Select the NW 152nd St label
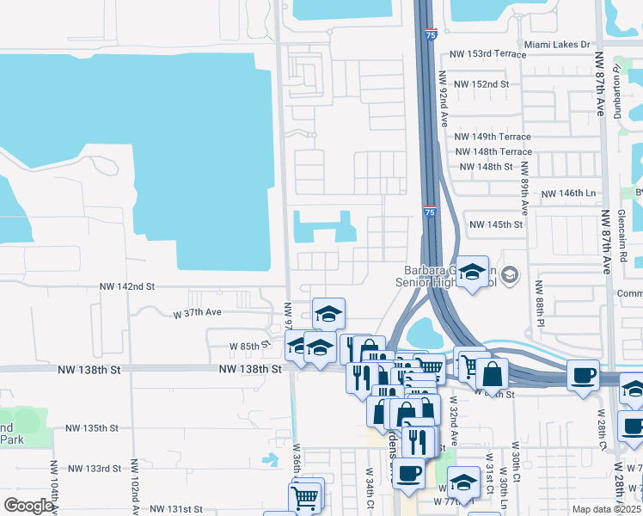pyautogui.click(x=481, y=84)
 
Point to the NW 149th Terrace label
pyautogui.click(x=493, y=137)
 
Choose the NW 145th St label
pyautogui.click(x=495, y=224)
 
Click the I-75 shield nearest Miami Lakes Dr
pyautogui.click(x=430, y=34)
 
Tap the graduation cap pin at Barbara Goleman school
pyautogui.click(x=472, y=273)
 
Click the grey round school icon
pyautogui.click(x=510, y=274)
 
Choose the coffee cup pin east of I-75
pyautogui.click(x=584, y=374)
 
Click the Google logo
pyautogui.click(x=28, y=506)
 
